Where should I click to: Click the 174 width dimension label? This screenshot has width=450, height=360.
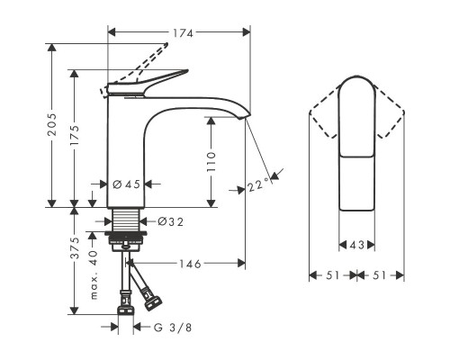pos(183,33)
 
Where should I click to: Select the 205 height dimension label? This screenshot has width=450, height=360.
pos(52,124)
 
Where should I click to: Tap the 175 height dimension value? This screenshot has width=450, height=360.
pos(75,135)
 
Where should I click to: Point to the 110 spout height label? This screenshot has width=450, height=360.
pos(211,162)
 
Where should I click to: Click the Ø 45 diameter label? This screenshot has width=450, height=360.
pos(126,184)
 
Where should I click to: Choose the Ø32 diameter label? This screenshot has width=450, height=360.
pos(171,222)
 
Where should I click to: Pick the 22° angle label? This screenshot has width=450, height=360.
pos(258,184)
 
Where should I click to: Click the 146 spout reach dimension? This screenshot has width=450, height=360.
pos(190,264)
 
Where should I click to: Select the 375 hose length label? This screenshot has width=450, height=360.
pos(75,247)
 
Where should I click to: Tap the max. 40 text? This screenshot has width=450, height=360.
pos(94,274)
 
